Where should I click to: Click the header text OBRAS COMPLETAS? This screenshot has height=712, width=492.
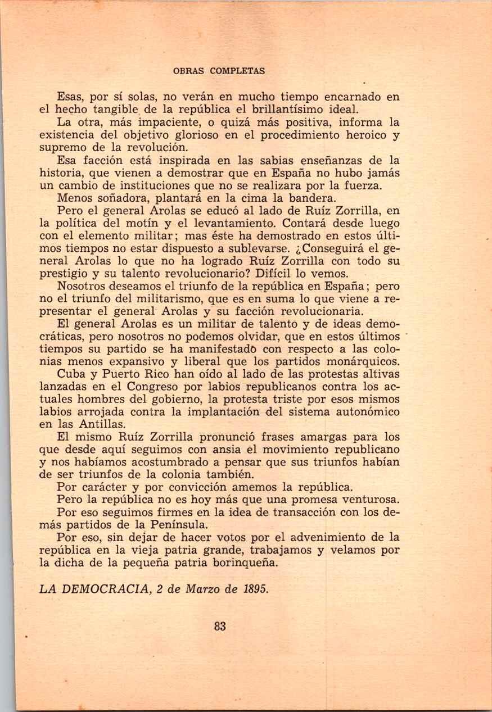pos(219,71)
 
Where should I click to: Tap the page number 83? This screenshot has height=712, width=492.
pos(220,626)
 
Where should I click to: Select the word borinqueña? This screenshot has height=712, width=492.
pos(245,563)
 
